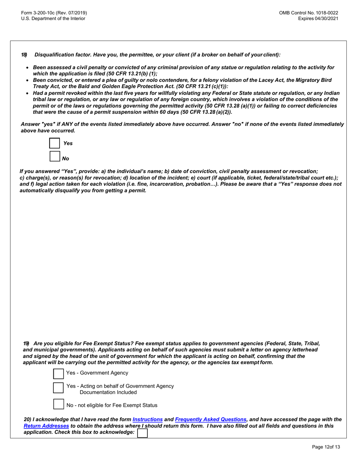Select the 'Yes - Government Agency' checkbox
point(58,374)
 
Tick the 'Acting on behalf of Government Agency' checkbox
point(58,388)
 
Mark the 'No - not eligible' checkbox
point(58,404)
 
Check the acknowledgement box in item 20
point(142,433)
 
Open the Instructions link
point(147,419)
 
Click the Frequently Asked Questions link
point(211,419)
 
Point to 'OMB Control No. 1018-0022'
point(308,13)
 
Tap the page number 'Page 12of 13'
point(326,447)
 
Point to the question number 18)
point(24,55)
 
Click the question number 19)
point(26,343)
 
